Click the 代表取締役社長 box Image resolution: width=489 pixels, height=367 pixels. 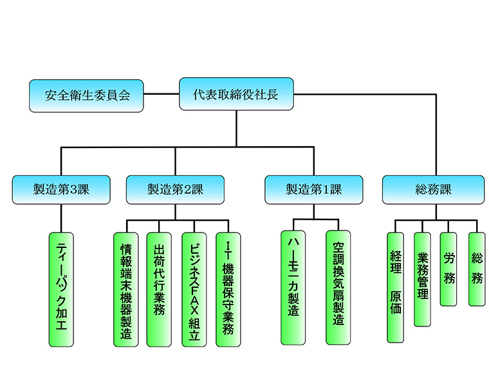tap(236, 95)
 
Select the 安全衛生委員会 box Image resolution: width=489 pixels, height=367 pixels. tap(86, 95)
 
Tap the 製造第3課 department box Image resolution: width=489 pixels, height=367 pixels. tap(61, 189)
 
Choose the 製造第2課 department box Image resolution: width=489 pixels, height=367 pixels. tap(175, 189)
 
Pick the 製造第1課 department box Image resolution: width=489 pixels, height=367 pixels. tap(313, 189)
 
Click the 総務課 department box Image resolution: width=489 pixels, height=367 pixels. tap(433, 189)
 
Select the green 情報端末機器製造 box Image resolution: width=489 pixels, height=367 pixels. tap(126, 290)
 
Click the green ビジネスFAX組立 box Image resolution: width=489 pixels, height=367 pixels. tap(194, 290)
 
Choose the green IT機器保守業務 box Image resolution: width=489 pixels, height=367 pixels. tap(228, 290)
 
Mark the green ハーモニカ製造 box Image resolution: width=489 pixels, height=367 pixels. tap(293, 287)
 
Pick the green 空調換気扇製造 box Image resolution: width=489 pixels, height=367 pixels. tap(338, 287)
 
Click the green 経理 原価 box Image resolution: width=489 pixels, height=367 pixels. tap(395, 287)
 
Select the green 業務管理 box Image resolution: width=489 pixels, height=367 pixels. tap(423, 279)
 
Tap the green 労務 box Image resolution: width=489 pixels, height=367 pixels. tap(448, 268)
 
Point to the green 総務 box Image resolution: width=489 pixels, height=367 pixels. tap(477, 268)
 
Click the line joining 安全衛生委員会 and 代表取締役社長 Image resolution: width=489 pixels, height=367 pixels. tap(161, 95)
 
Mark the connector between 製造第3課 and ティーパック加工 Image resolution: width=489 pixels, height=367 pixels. tap(61, 218)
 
